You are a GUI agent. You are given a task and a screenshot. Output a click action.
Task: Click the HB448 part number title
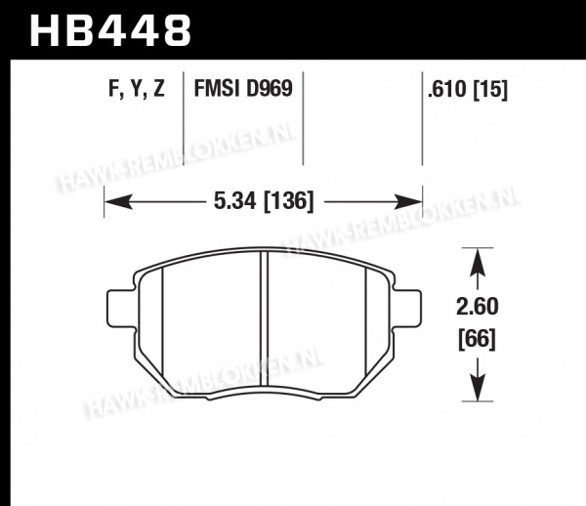coord(110,30)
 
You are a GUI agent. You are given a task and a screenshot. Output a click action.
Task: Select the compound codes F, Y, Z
coord(137,89)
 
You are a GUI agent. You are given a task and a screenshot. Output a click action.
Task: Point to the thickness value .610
coord(448,89)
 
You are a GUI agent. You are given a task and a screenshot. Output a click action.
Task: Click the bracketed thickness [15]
coord(490,90)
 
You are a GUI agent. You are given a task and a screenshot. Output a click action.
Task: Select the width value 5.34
coord(235,201)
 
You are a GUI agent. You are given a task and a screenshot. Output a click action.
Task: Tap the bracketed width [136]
coord(289,202)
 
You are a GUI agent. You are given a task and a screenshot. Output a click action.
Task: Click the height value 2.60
coord(478,307)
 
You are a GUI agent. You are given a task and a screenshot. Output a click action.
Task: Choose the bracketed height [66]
coord(478,339)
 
